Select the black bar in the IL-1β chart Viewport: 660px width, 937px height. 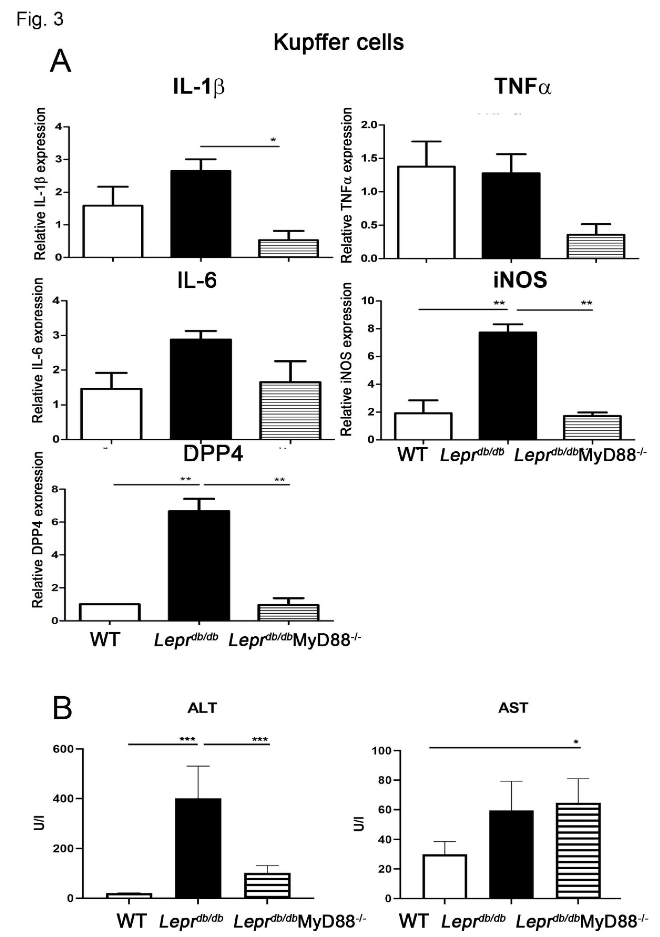200,214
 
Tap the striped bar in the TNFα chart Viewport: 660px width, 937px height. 596,246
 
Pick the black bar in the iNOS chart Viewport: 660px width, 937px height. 507,386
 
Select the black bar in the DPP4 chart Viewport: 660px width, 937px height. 199,565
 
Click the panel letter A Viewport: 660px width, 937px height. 60,61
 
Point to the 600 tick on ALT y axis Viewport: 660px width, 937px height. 64,749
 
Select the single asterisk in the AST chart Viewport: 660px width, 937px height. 576,742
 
